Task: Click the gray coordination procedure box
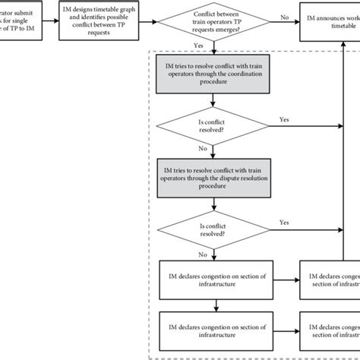(x=216, y=82)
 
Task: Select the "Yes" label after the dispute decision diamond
(x=284, y=222)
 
